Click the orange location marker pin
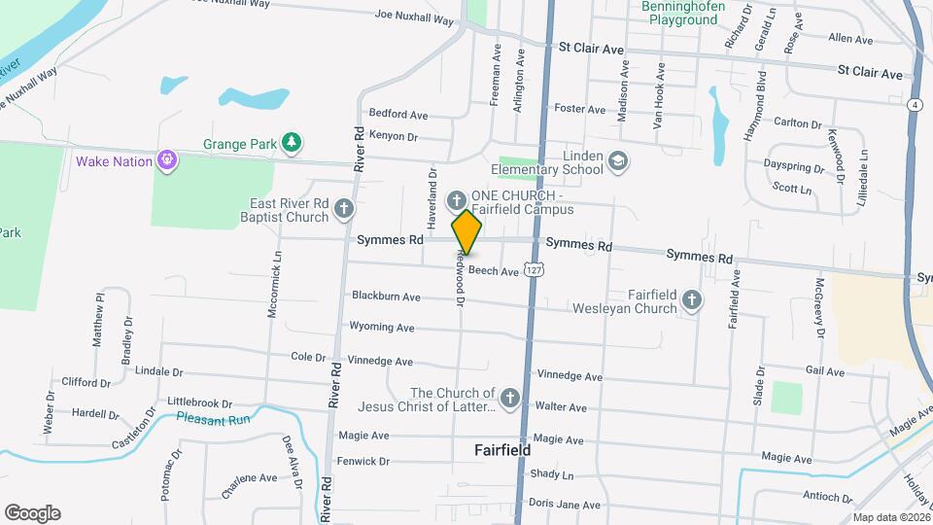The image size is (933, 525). [x=466, y=231]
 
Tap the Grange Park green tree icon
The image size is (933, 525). [x=291, y=144]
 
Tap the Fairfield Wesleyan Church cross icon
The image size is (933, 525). [x=691, y=300]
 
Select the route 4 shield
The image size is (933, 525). [x=915, y=104]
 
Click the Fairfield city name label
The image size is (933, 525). [x=501, y=450]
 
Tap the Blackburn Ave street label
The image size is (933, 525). [x=386, y=296]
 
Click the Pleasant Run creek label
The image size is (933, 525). [x=214, y=419]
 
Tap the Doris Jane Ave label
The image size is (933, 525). [x=565, y=504]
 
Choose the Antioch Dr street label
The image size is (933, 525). [x=828, y=496]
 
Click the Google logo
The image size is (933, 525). [x=32, y=513]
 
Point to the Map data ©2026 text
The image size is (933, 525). [x=889, y=517]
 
